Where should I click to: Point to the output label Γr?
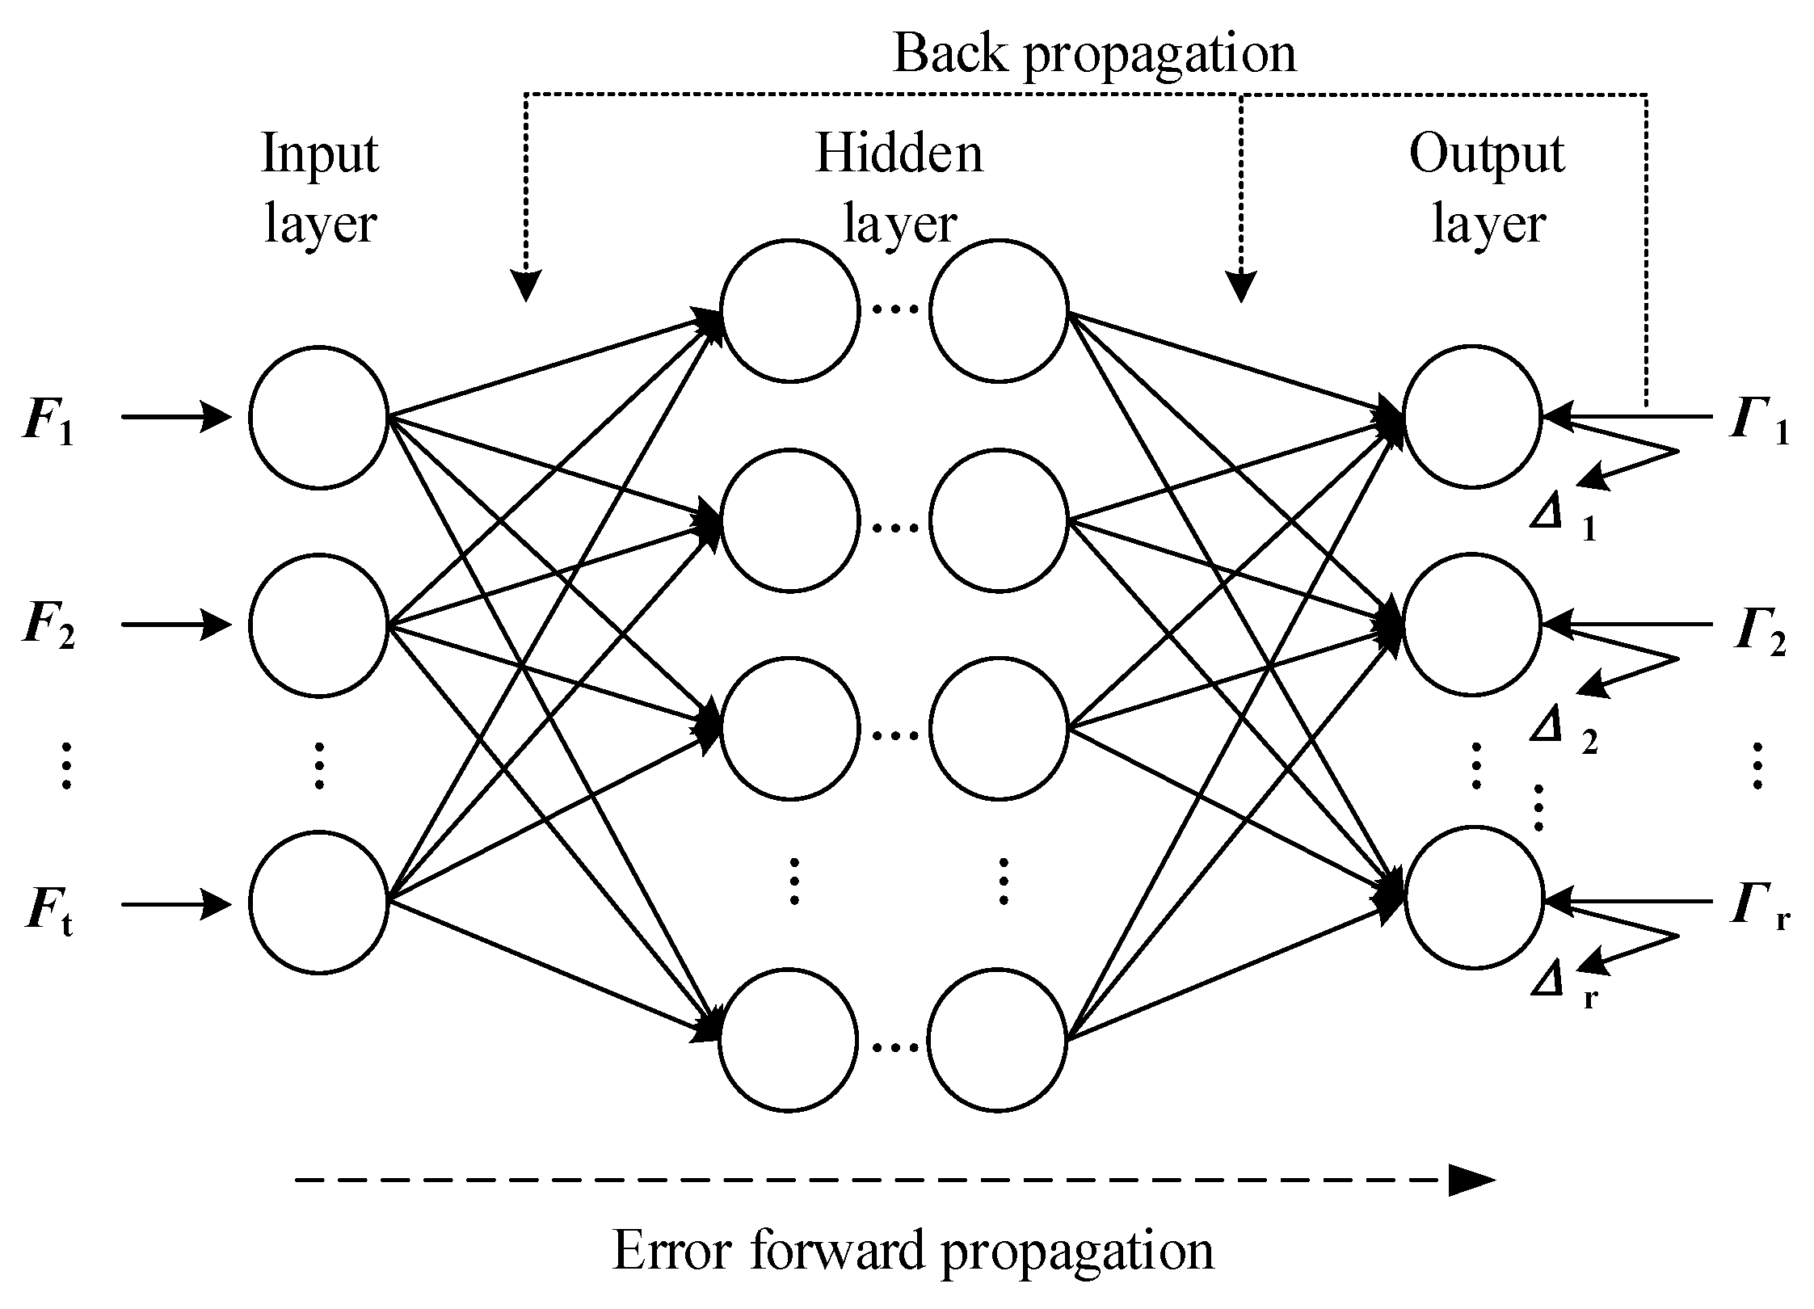(x=1758, y=908)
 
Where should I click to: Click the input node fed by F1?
(x=318, y=417)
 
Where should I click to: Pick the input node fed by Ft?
(x=318, y=903)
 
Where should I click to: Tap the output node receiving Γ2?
(x=1473, y=625)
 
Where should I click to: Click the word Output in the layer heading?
(x=1487, y=154)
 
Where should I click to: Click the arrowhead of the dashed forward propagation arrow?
(x=1471, y=1181)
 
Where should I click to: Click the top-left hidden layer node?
(x=789, y=310)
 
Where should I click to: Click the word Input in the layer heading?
(x=320, y=154)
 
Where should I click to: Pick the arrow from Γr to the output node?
(x=1628, y=899)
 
